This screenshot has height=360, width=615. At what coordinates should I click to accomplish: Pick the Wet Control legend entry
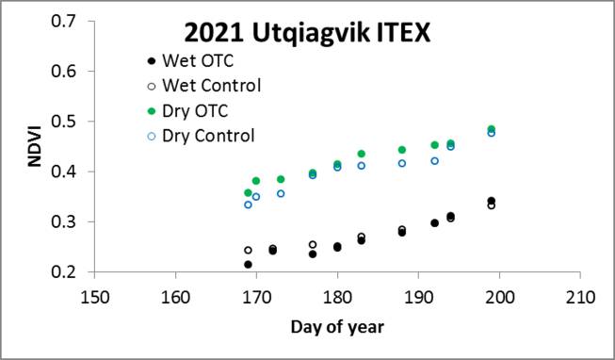[x=209, y=86]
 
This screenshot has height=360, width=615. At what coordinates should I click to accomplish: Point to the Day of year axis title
[x=336, y=327]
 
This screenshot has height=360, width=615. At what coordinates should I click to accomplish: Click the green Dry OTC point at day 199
[x=492, y=129]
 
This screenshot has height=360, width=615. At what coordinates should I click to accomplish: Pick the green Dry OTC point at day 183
[x=362, y=154]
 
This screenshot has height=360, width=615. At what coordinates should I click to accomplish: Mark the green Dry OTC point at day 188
[x=402, y=150]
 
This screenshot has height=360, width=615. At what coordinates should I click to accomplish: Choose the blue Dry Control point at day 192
[x=435, y=161]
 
